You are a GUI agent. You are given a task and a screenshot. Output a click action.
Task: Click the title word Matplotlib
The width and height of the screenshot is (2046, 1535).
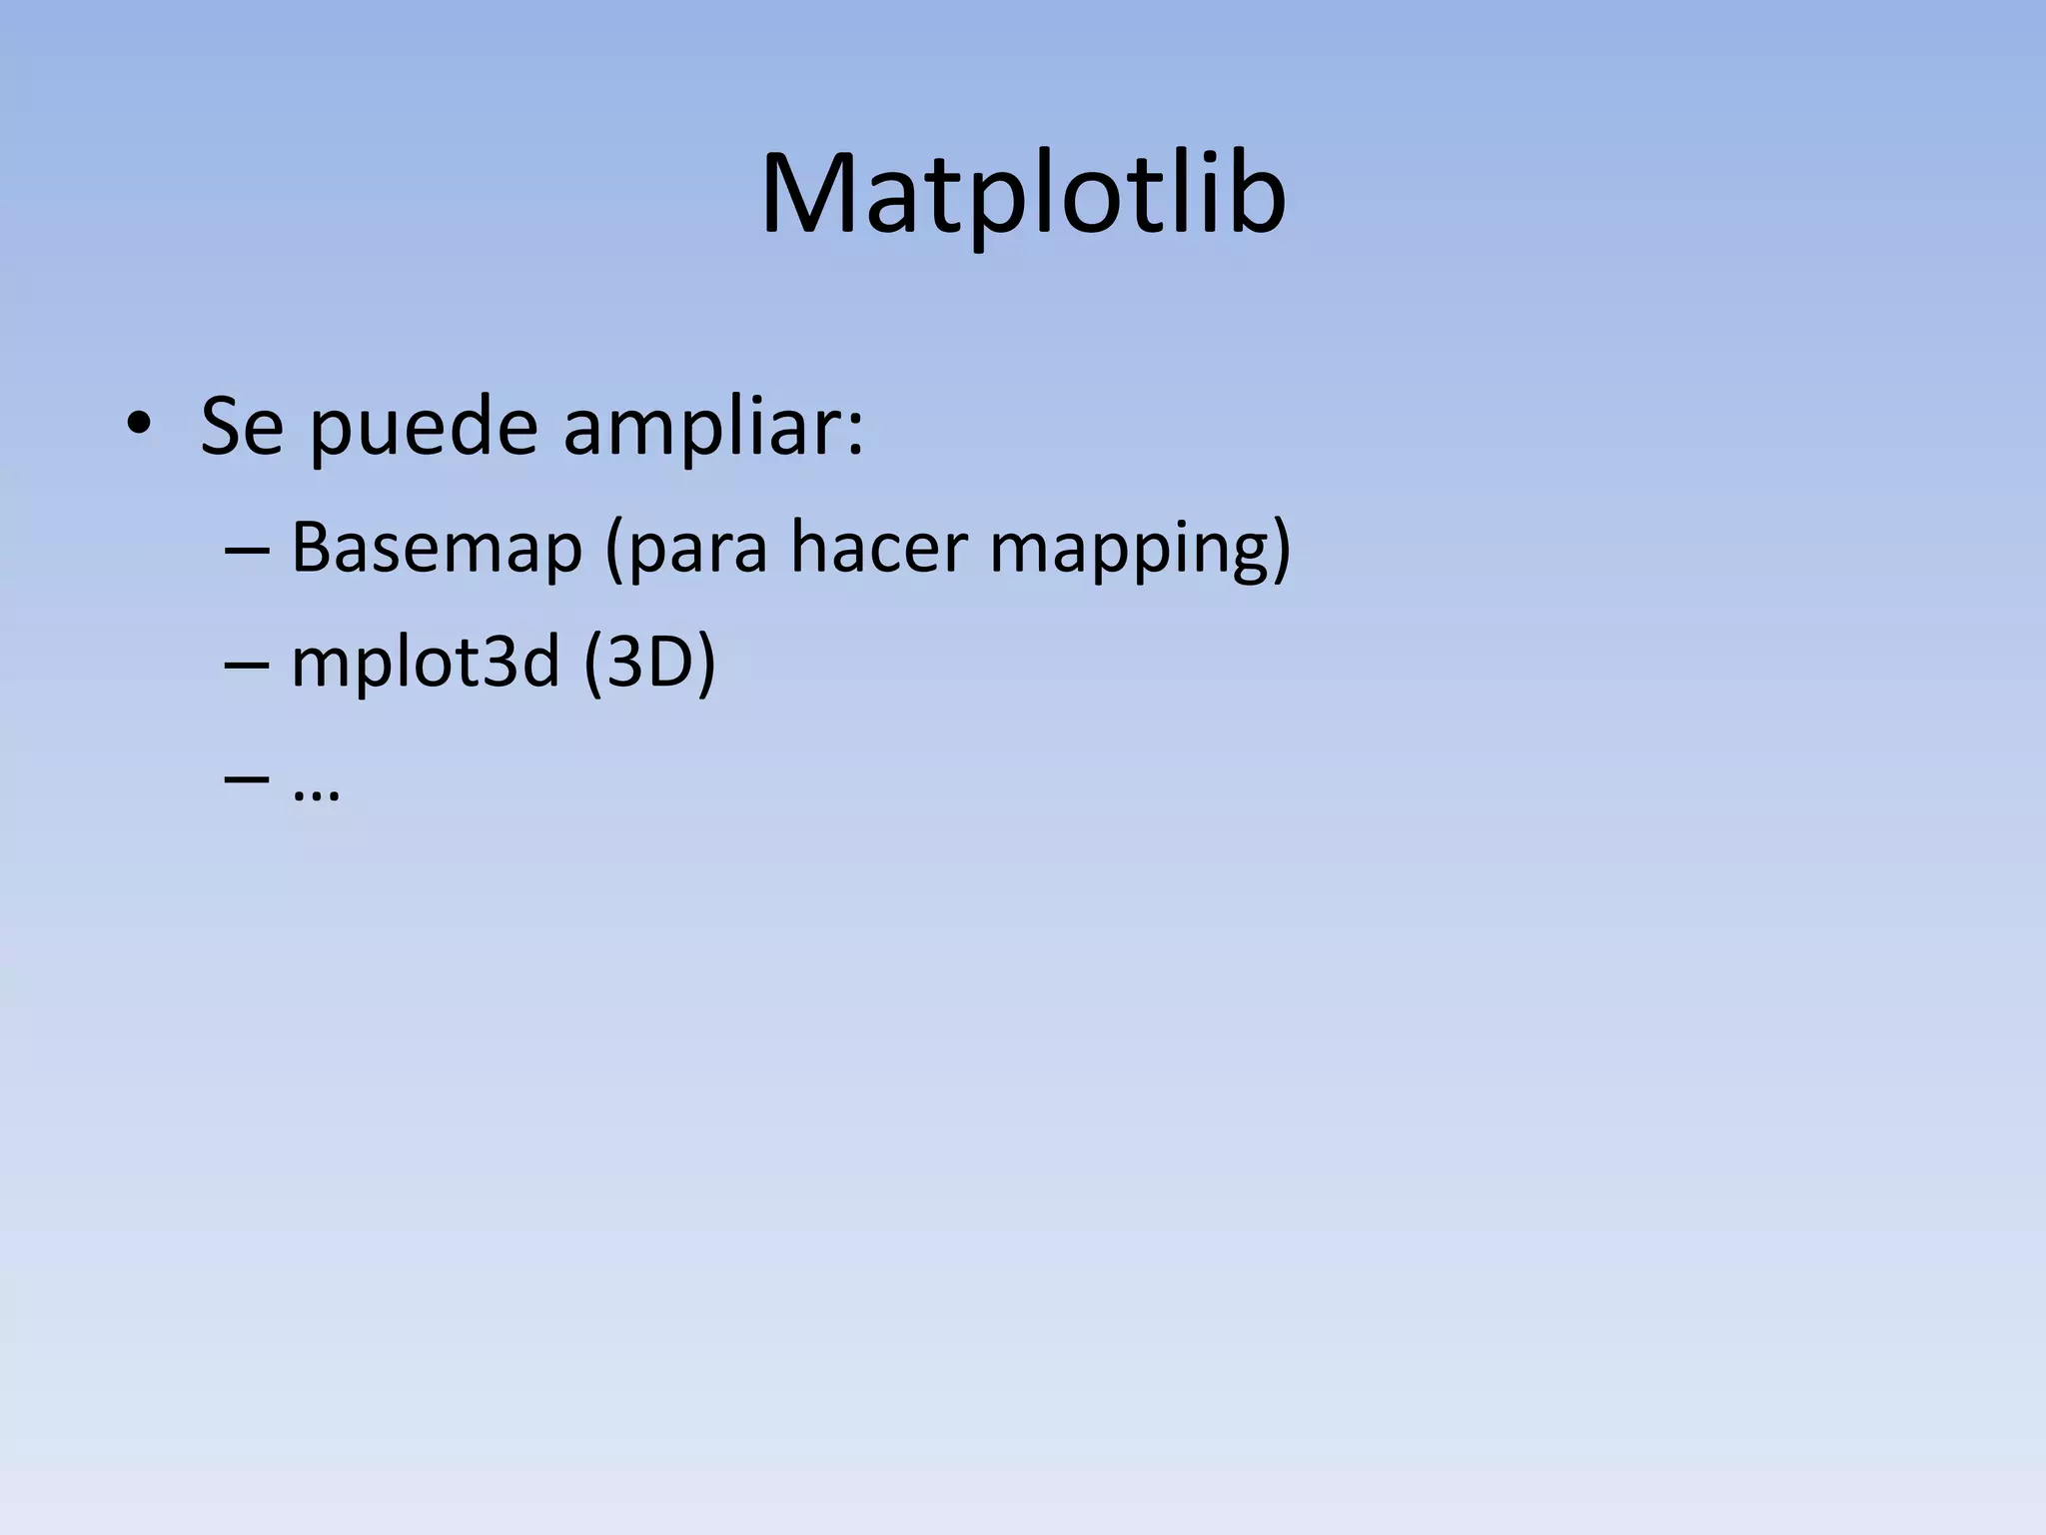click(1023, 195)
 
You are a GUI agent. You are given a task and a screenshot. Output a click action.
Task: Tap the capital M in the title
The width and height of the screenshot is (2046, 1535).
click(811, 195)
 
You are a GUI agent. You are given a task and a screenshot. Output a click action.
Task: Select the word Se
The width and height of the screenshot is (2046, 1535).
click(243, 428)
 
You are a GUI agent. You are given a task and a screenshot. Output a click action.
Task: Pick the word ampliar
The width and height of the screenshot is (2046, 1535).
click(698, 430)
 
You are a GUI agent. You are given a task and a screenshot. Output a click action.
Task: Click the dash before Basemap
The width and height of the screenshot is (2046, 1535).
click(247, 550)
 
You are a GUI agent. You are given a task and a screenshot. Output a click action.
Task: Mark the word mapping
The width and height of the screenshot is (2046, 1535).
click(1126, 552)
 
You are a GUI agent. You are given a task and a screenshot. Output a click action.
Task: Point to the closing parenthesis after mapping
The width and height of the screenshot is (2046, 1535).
click(1282, 550)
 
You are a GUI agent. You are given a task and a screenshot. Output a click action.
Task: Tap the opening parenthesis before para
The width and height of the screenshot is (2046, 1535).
click(614, 550)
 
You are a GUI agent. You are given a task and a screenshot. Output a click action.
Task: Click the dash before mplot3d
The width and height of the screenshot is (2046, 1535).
click(247, 665)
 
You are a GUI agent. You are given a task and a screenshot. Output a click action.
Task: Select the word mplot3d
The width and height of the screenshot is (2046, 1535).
click(425, 665)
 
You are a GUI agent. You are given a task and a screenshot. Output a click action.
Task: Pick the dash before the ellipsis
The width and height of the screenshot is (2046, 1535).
click(247, 778)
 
